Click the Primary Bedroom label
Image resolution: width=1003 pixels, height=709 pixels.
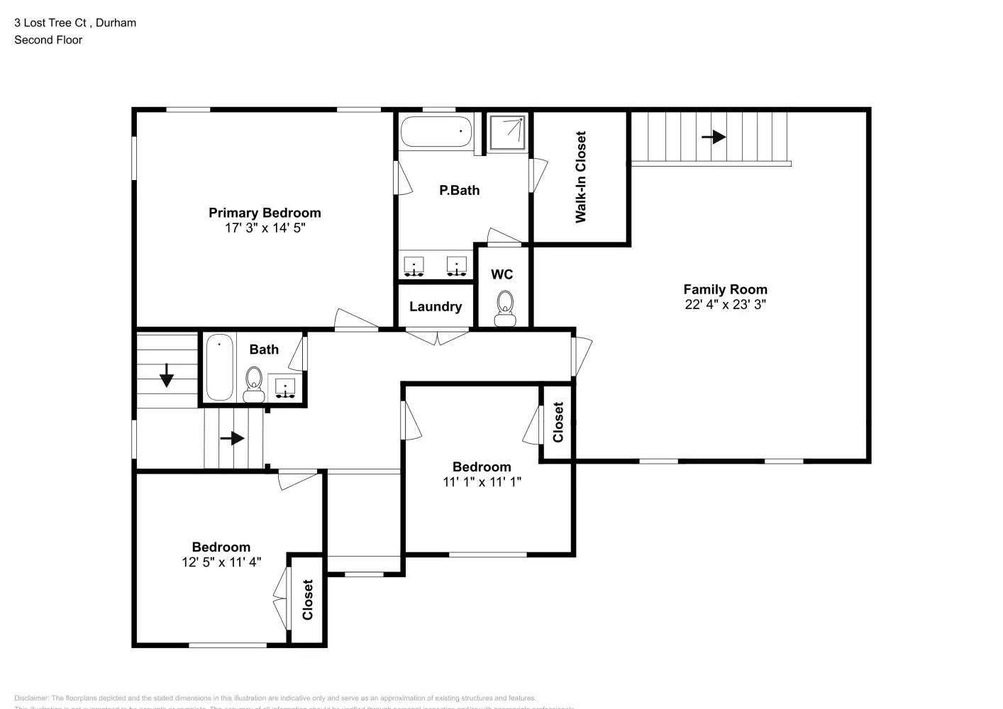(x=265, y=213)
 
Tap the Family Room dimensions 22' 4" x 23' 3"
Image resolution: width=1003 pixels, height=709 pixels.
(x=725, y=304)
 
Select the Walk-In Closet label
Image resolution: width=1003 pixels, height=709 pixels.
(x=581, y=177)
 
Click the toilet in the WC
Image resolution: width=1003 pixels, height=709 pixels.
(x=505, y=308)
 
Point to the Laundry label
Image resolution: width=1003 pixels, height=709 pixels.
(x=436, y=306)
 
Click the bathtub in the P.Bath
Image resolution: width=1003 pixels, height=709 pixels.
(x=436, y=132)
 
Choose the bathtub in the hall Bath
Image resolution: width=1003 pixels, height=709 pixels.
(x=220, y=368)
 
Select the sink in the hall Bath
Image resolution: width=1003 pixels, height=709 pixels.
(x=285, y=388)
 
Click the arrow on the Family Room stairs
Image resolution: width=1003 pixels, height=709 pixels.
(x=714, y=136)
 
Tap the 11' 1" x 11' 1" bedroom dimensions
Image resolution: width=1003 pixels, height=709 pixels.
(x=482, y=482)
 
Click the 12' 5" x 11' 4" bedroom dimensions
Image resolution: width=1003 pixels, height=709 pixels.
(x=221, y=562)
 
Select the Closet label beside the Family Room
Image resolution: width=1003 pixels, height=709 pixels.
(x=558, y=422)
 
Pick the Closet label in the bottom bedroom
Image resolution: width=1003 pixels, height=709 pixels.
(x=308, y=600)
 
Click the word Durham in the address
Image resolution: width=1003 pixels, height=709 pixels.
(x=116, y=23)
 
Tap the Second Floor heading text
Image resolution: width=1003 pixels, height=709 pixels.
(x=48, y=40)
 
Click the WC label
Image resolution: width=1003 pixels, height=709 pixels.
(x=501, y=274)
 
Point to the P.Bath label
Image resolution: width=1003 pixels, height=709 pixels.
(x=459, y=190)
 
